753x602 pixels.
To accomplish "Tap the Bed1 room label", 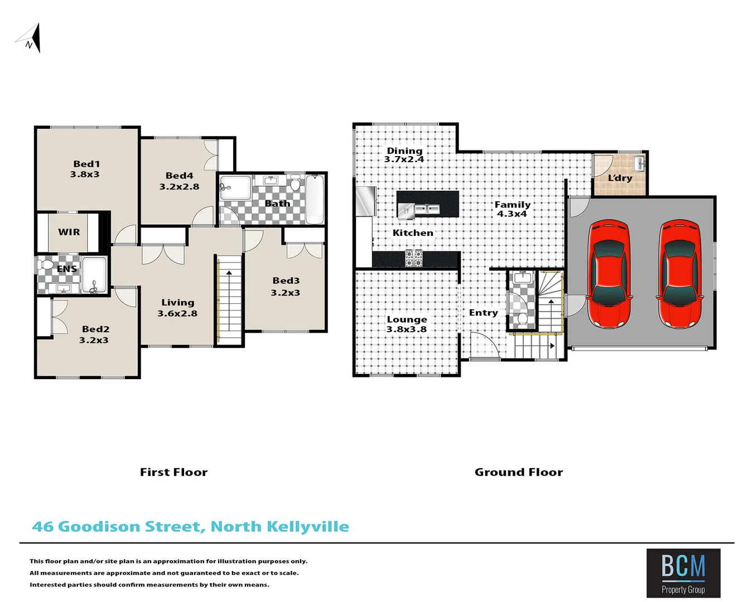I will click(x=86, y=164).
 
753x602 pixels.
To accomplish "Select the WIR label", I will click(x=69, y=232).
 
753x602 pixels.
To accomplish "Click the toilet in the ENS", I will click(x=46, y=265).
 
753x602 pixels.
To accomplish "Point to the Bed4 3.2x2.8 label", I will click(x=179, y=181).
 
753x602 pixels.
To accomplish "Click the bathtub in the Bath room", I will click(x=315, y=199).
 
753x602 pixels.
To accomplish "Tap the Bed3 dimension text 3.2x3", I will click(x=286, y=293).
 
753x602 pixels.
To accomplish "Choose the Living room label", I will click(x=178, y=303).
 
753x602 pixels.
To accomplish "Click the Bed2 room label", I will click(x=95, y=329).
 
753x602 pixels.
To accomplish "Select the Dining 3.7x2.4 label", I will click(x=404, y=155).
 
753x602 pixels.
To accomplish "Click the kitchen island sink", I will click(x=427, y=210).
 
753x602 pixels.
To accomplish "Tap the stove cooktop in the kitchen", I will click(x=413, y=258).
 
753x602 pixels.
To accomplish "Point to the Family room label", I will click(x=513, y=205).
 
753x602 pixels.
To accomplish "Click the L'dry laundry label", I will click(x=620, y=178).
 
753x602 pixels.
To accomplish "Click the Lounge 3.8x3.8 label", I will click(x=407, y=324).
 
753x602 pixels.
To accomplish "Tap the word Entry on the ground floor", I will click(x=483, y=313).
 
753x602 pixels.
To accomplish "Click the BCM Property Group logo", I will click(x=683, y=573).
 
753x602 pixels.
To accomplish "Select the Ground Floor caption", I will click(x=519, y=472).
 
